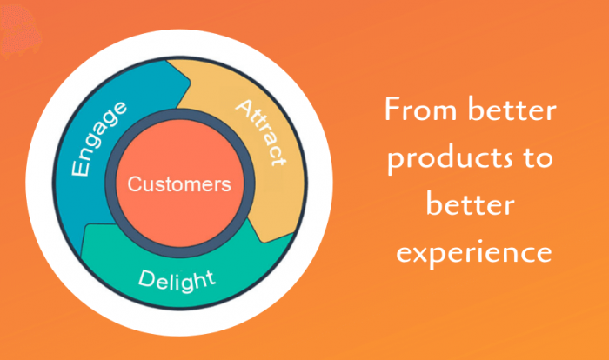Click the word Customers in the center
coord(179,184)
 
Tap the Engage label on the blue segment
coord(99,138)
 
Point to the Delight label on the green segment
coord(177,279)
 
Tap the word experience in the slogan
coord(471,252)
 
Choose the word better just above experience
coord(469,206)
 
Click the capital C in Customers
coord(134,184)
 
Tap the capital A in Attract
coord(240,108)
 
